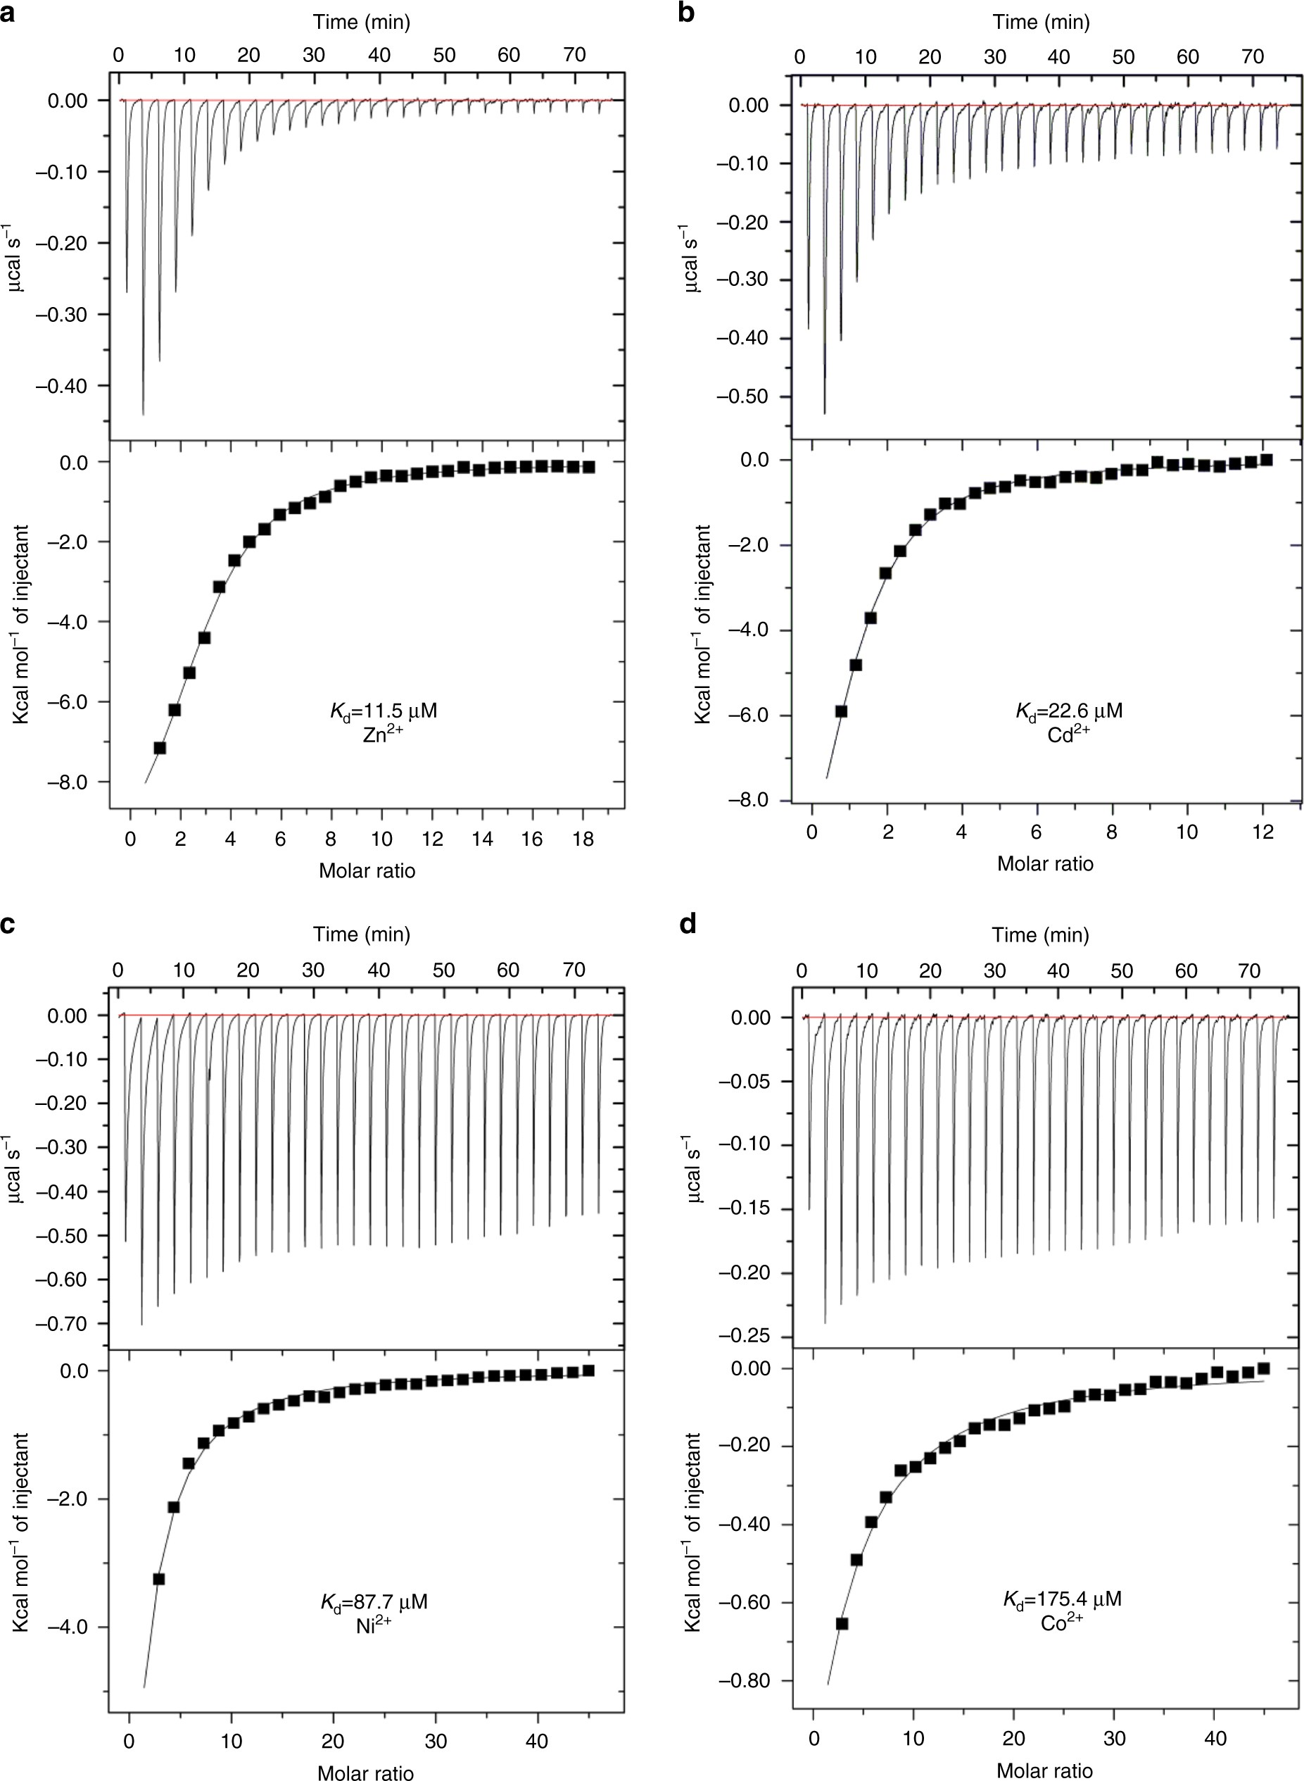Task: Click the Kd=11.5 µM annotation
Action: coord(383,711)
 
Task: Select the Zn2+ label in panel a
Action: coord(383,739)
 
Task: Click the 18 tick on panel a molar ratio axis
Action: coord(583,839)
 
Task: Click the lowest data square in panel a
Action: coord(160,747)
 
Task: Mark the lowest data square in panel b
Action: coord(842,711)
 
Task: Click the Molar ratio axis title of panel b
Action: coord(1044,863)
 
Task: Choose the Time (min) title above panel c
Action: coord(362,935)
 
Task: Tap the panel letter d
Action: coord(688,924)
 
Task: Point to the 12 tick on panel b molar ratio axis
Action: coord(1263,832)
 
